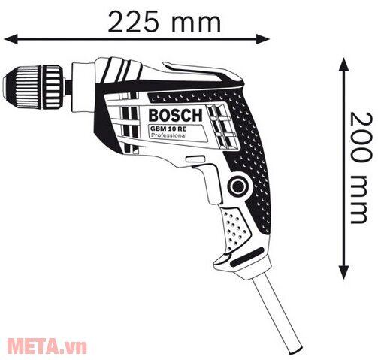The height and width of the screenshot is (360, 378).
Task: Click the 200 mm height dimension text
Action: pyautogui.click(x=361, y=168)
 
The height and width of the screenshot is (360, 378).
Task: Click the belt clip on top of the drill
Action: pyautogui.click(x=218, y=74)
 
